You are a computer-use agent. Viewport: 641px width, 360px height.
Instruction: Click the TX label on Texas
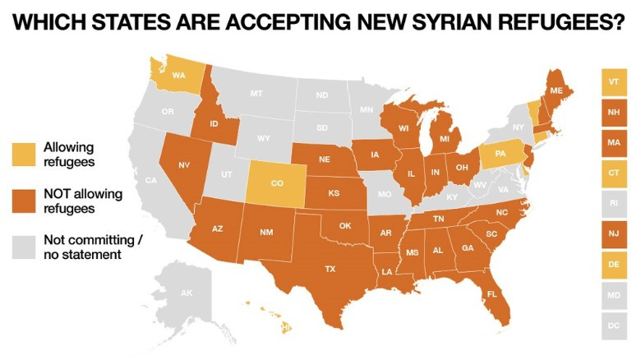point(330,269)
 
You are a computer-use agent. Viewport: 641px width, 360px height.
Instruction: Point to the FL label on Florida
point(491,294)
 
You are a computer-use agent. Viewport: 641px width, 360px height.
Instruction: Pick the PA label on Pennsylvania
point(500,154)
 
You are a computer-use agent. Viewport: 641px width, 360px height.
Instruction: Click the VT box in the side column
point(613,82)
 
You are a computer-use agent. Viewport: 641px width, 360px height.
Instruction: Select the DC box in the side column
point(613,325)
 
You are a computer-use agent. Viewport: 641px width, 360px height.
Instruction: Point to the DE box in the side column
point(613,265)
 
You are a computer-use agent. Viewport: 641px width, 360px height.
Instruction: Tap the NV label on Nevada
point(184,165)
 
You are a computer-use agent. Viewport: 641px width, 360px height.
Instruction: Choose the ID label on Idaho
point(212,125)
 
